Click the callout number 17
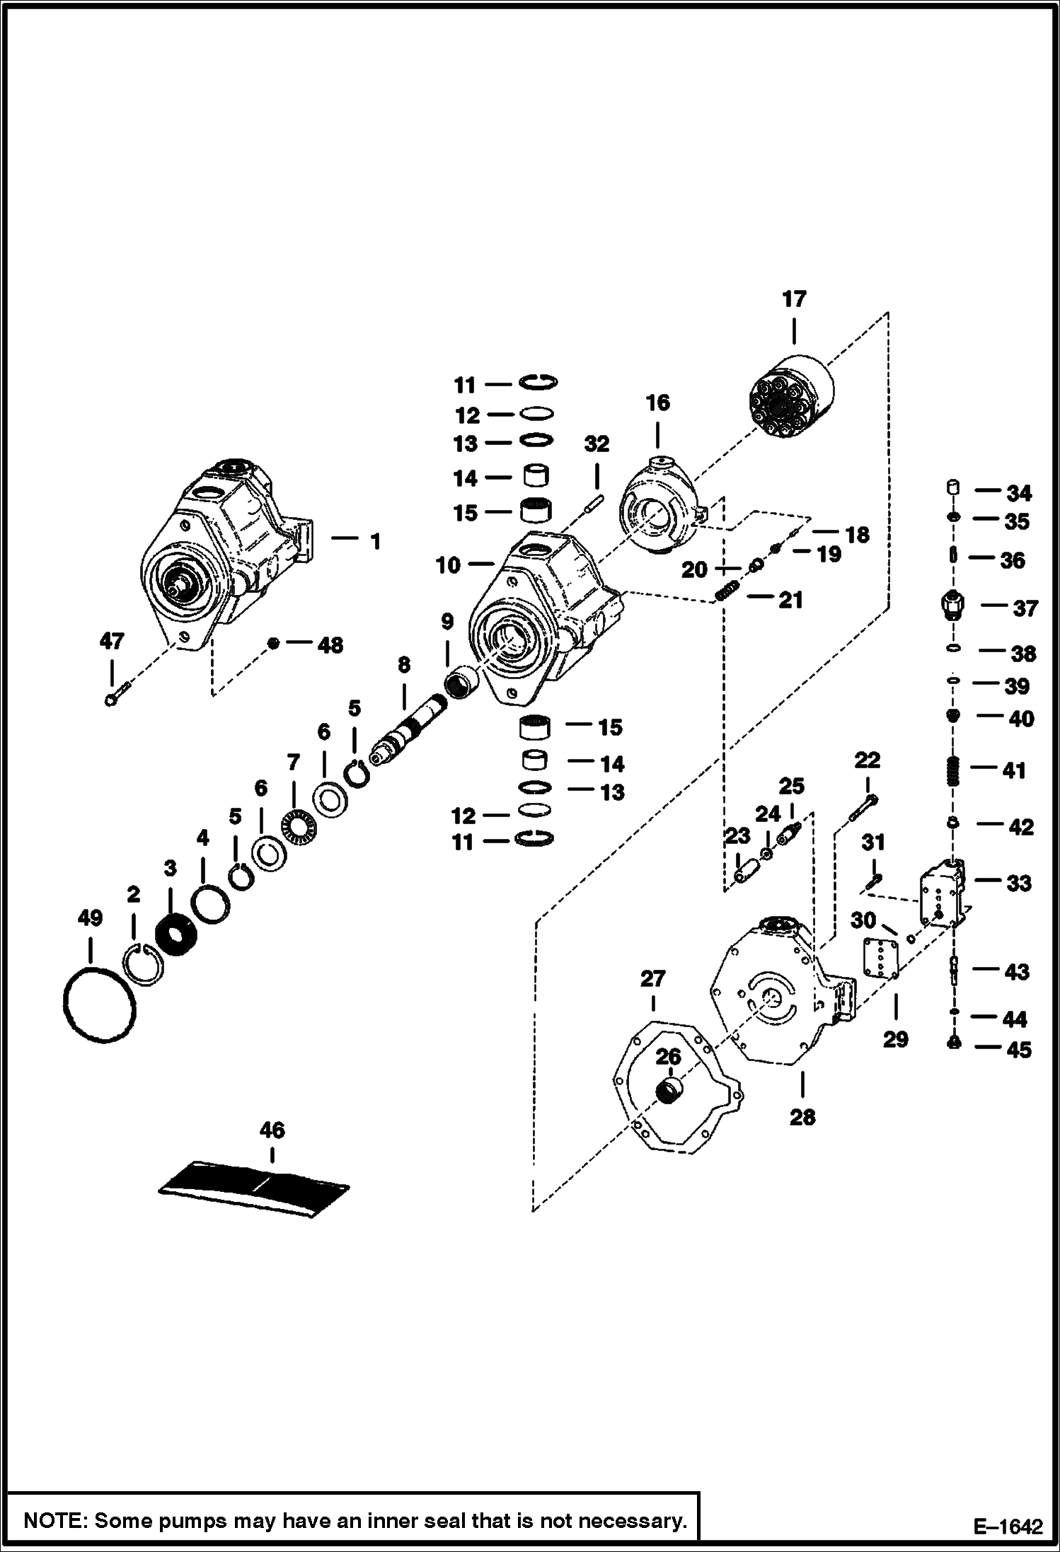pos(794,300)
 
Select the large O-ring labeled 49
pos(99,1004)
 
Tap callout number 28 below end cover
pos(802,1117)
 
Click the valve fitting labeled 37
pos(952,606)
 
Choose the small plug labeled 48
pos(273,643)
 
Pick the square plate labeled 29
pos(881,959)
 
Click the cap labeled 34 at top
pos(953,487)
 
